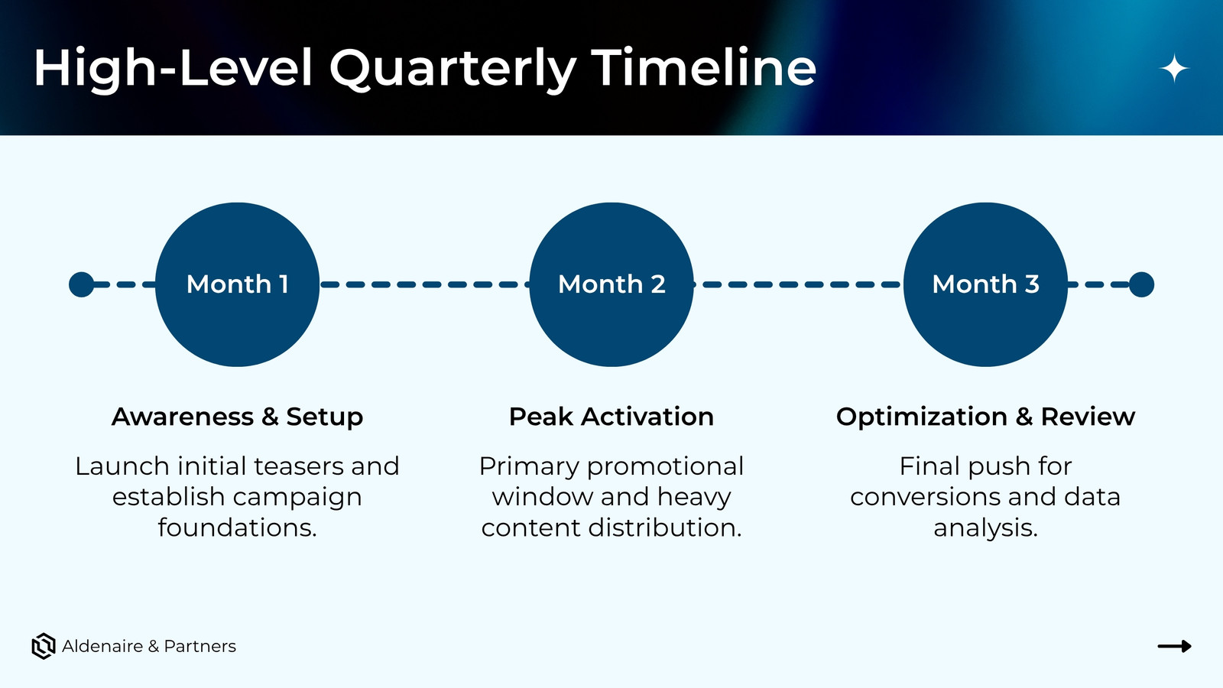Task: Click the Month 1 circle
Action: coord(238,284)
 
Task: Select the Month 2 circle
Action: coord(611,284)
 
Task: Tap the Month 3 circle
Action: coord(985,284)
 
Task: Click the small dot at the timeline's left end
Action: coord(81,284)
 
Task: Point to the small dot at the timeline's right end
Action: coord(1141,284)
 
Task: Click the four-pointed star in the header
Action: coord(1174,68)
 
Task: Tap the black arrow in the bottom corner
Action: coord(1174,647)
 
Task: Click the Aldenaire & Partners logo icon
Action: coord(44,647)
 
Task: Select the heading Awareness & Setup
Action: coord(238,417)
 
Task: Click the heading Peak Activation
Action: coord(611,417)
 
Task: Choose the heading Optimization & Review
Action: coord(985,417)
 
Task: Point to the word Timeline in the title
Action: coord(704,68)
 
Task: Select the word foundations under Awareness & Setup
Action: coord(238,527)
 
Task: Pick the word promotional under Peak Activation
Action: coord(665,468)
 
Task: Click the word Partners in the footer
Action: coord(200,647)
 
